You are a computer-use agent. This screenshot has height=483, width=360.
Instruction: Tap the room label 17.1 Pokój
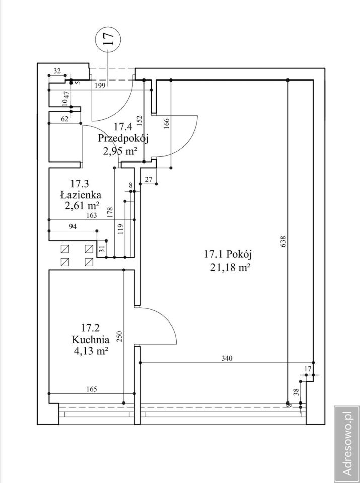[x=228, y=254]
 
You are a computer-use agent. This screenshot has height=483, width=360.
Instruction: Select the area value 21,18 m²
[x=230, y=267]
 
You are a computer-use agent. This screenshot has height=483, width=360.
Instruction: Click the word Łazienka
[x=81, y=195]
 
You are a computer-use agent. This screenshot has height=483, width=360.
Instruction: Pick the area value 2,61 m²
[x=82, y=205]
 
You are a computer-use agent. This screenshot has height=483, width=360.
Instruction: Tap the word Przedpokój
[x=123, y=139]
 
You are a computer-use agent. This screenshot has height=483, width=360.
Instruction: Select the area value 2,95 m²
[x=120, y=151]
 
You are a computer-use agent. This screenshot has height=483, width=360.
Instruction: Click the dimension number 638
[x=283, y=242]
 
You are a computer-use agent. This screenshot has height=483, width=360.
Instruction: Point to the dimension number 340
[x=227, y=358]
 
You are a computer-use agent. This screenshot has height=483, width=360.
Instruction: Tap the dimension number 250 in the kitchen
[x=120, y=337]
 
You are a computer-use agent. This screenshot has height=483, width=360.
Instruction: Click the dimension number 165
[x=92, y=389]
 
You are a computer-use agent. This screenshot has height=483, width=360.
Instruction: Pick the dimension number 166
[x=167, y=124]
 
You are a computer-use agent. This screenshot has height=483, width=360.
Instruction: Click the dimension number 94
[x=73, y=227]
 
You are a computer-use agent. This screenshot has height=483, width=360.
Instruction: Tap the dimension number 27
[x=148, y=179]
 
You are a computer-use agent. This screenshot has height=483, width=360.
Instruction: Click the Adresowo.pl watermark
[x=347, y=444]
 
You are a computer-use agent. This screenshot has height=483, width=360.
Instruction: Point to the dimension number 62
[x=64, y=119]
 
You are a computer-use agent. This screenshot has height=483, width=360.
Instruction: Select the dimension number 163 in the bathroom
[x=92, y=215]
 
